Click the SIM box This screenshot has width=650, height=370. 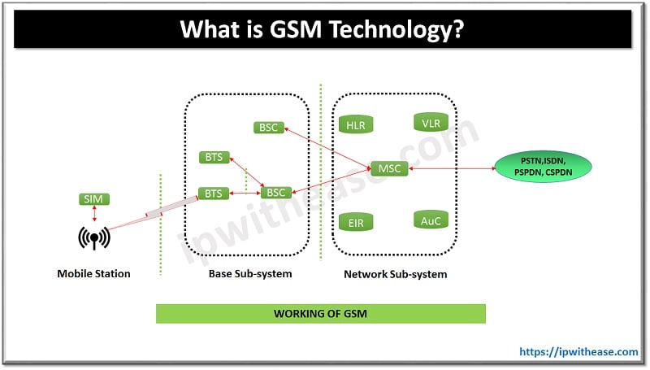tap(95, 199)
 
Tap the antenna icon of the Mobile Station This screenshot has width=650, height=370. tap(94, 238)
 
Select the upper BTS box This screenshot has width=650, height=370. tap(214, 157)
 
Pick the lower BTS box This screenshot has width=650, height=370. tap(214, 194)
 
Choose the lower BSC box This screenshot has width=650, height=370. tap(276, 193)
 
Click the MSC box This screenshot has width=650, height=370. tap(385, 169)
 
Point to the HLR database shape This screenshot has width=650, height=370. tap(356, 124)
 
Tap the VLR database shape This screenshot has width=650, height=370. tap(431, 124)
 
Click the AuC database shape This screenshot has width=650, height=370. tap(431, 220)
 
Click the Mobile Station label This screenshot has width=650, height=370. tap(93, 274)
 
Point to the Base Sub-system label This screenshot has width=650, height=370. tap(250, 274)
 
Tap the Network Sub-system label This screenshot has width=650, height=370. tap(396, 274)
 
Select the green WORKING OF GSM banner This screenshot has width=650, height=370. tap(320, 314)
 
